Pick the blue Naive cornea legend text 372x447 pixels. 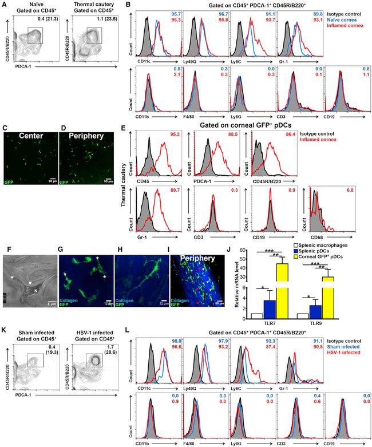click(x=347, y=21)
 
